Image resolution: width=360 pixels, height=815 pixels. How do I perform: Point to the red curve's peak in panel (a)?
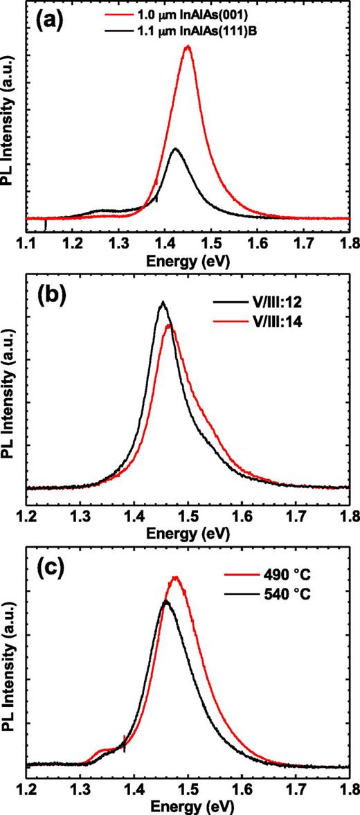pos(188,47)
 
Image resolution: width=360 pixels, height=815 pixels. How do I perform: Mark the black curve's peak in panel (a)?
pos(176,148)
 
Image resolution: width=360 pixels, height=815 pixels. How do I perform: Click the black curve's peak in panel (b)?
pos(163,302)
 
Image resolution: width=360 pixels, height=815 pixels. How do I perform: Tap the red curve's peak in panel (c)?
pos(176,577)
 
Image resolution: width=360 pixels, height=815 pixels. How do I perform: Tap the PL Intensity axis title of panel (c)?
pos(9,663)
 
